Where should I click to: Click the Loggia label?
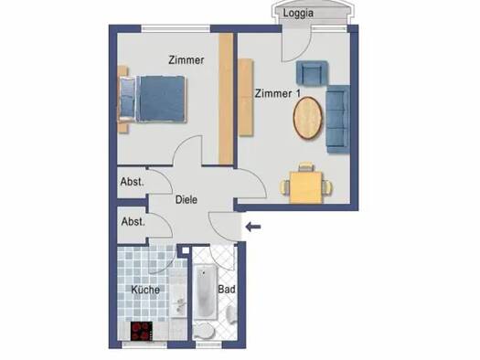pyautogui.click(x=298, y=14)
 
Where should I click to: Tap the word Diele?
pyautogui.click(x=187, y=200)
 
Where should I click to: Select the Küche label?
pyautogui.click(x=145, y=290)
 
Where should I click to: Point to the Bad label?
pyautogui.click(x=227, y=289)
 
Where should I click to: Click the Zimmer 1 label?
pyautogui.click(x=278, y=93)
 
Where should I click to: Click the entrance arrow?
pyautogui.click(x=253, y=227)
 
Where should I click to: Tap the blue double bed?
pyautogui.click(x=153, y=99)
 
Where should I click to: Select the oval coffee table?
pyautogui.click(x=307, y=118)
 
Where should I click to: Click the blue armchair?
pyautogui.click(x=312, y=73)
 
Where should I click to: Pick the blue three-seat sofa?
pyautogui.click(x=338, y=119)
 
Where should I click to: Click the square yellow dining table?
pyautogui.click(x=306, y=187)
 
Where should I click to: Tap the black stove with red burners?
pyautogui.click(x=142, y=331)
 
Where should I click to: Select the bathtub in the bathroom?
pyautogui.click(x=205, y=292)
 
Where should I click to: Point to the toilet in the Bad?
pyautogui.click(x=204, y=331)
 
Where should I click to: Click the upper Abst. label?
pyautogui.click(x=132, y=182)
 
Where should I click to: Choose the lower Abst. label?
pyautogui.click(x=133, y=221)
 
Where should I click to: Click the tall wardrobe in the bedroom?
pyautogui.click(x=226, y=98)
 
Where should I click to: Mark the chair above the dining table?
pyautogui.click(x=306, y=166)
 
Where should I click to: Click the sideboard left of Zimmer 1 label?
pyautogui.click(x=246, y=97)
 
